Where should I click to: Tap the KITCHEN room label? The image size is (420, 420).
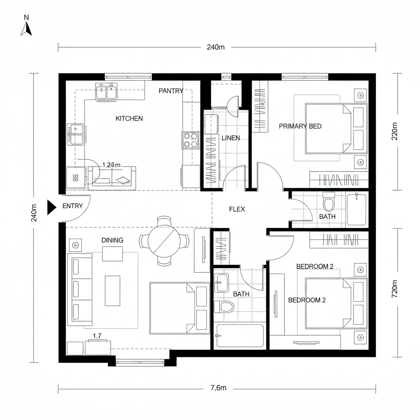[129, 119]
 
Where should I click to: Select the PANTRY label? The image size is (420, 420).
[171, 91]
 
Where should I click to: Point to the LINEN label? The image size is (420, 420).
[231, 138]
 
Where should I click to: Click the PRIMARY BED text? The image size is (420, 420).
[300, 126]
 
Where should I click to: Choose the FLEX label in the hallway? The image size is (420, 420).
[237, 209]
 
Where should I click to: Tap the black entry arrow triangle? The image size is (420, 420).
[51, 207]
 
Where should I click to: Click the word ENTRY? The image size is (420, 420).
[73, 206]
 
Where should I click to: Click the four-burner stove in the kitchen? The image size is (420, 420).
[190, 139]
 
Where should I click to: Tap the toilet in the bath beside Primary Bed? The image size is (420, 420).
[329, 202]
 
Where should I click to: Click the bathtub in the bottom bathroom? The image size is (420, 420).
[240, 336]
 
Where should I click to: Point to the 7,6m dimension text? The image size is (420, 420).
[215, 388]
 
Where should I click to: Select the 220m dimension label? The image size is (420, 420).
[395, 131]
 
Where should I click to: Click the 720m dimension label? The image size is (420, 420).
[395, 288]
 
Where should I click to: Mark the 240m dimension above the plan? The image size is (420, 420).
[215, 47]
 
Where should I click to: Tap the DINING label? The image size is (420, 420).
[112, 240]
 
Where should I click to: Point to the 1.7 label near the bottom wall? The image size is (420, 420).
[97, 336]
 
